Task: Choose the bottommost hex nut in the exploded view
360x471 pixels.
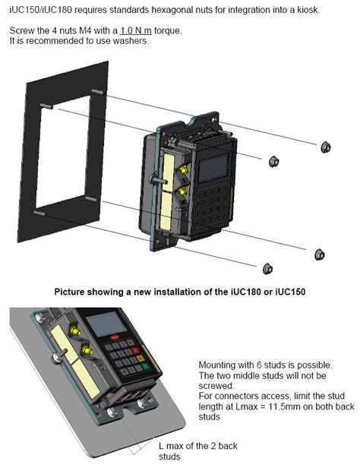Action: click(x=267, y=268)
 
